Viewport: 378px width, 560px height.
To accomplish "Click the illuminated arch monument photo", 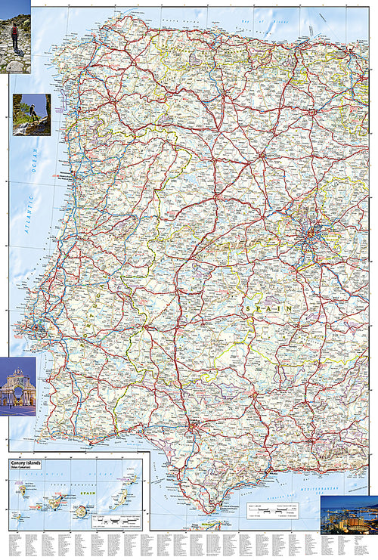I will (x=17, y=385).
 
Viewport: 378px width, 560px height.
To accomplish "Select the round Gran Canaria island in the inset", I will (x=80, y=511).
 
